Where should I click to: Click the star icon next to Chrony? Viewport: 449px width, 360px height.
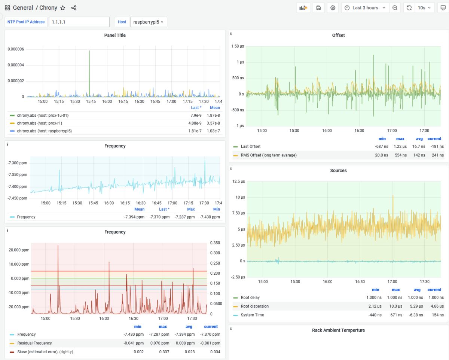[63, 8]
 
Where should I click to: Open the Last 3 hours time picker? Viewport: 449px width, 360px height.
[365, 8]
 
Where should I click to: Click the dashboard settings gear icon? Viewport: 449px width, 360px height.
[333, 8]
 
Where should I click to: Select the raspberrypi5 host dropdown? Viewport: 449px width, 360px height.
[149, 22]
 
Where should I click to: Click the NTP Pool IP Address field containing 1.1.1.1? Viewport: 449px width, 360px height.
[79, 22]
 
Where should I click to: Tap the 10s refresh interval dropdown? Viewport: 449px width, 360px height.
[424, 8]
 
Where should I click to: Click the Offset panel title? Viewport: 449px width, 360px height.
[338, 35]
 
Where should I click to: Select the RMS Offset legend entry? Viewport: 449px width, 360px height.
[268, 155]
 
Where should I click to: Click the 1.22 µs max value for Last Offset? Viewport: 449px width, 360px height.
[400, 146]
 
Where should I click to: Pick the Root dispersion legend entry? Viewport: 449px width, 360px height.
[254, 306]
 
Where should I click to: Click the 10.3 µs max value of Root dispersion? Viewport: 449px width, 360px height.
[395, 306]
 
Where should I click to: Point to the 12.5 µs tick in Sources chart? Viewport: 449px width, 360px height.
[238, 181]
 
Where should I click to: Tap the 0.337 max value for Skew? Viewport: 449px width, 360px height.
[162, 352]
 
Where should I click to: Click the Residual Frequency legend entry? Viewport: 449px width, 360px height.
[34, 343]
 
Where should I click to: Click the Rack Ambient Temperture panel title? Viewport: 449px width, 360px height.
[338, 330]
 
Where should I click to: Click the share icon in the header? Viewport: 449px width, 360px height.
[74, 8]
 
